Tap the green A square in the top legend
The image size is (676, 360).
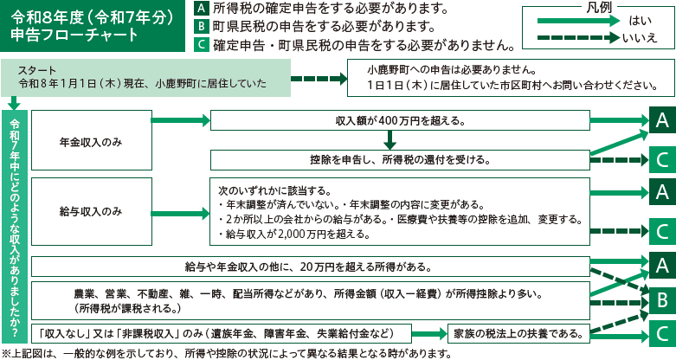click(200, 10)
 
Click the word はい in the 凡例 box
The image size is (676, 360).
click(641, 21)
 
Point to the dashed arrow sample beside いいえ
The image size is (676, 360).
click(570, 38)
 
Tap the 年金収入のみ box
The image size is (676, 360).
click(90, 140)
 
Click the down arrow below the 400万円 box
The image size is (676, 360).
click(390, 139)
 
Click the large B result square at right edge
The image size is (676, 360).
click(661, 299)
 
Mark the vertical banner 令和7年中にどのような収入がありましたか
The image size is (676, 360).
click(14, 222)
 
